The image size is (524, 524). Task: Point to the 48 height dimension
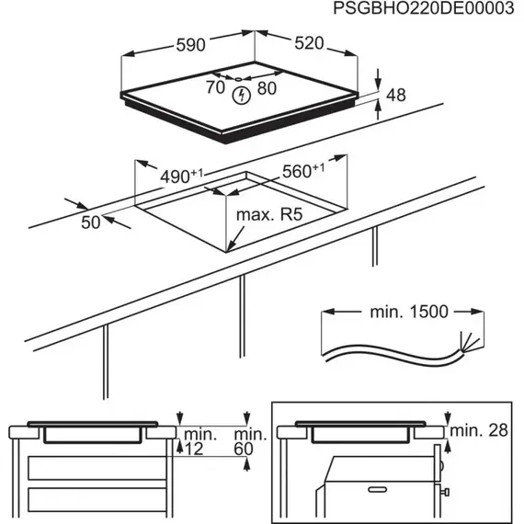[x=395, y=94]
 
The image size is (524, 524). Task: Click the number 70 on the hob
[x=214, y=89]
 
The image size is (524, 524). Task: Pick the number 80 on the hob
[x=268, y=89]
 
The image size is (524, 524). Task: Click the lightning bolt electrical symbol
[x=241, y=95]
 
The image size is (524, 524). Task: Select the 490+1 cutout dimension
[x=183, y=175]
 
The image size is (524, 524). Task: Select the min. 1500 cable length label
[x=408, y=312]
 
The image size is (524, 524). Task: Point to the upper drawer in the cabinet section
[x=92, y=469]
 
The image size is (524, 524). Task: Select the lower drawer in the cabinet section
[x=92, y=500]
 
